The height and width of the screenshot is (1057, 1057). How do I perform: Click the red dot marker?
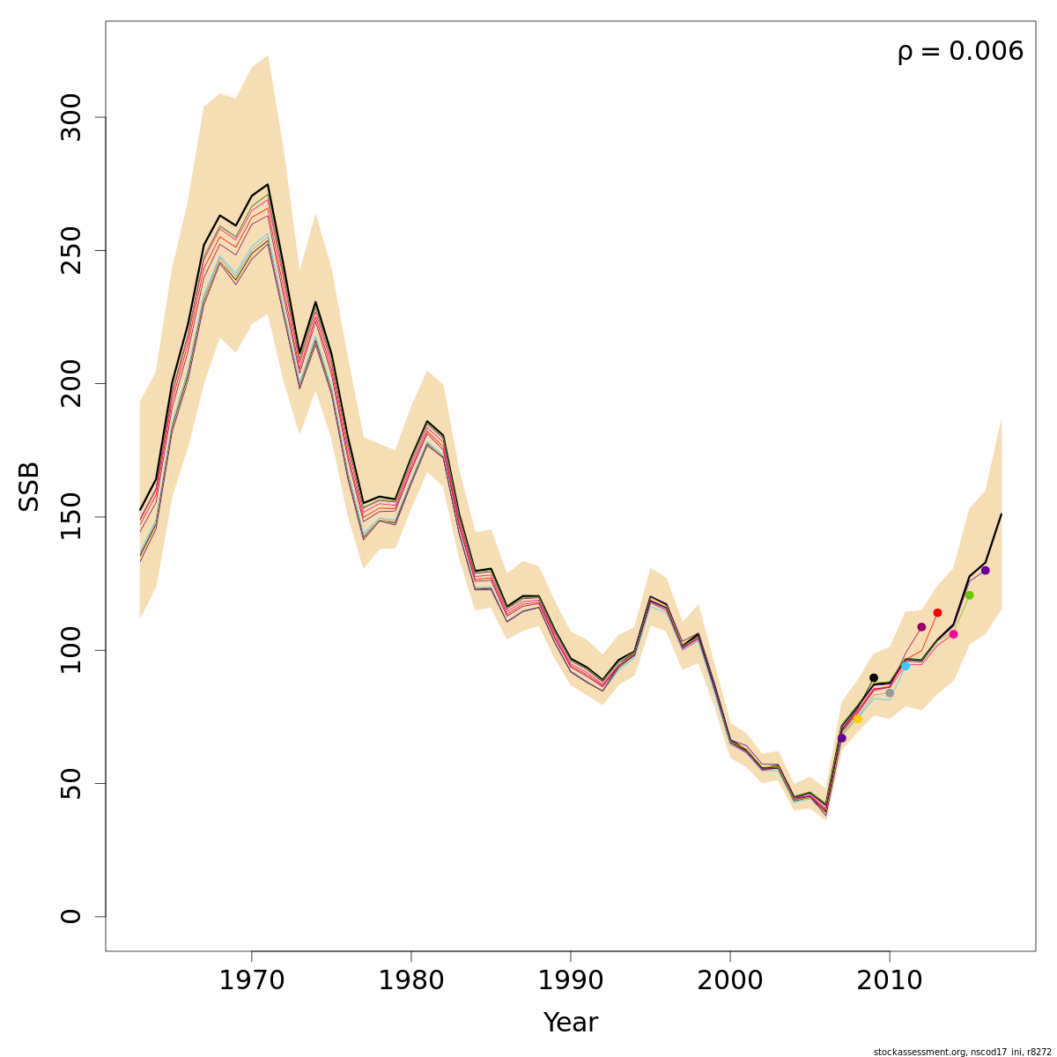tap(937, 612)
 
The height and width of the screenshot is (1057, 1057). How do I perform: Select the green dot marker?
tap(969, 595)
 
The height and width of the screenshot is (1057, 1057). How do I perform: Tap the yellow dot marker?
tap(857, 720)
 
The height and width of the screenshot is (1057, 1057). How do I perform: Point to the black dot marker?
tap(873, 678)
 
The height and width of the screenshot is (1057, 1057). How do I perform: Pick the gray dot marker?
tap(890, 693)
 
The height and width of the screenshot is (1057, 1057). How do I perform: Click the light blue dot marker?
tap(905, 666)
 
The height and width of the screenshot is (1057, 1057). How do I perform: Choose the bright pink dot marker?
tap(953, 634)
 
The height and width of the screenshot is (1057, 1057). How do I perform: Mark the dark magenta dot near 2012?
tap(921, 627)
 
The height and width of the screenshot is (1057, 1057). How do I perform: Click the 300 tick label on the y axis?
tap(72, 117)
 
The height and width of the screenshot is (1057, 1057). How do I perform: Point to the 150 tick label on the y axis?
tap(72, 517)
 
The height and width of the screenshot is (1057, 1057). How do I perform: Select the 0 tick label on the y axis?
tap(72, 916)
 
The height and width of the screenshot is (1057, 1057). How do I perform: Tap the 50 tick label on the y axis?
tap(72, 783)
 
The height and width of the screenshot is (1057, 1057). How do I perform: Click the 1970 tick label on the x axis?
tap(252, 980)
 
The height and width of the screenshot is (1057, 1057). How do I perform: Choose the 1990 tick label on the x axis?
tap(571, 980)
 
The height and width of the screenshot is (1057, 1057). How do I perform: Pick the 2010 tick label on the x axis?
tap(890, 980)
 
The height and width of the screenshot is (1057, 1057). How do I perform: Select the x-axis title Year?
tap(571, 1023)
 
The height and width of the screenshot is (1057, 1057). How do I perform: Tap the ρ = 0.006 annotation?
tap(960, 52)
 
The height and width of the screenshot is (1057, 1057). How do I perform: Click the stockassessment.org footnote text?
tap(961, 1051)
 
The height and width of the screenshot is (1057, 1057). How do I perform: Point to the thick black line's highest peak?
tap(268, 184)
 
